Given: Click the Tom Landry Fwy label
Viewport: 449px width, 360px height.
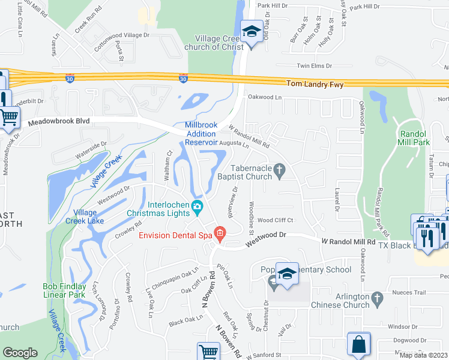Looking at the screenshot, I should pos(315,85).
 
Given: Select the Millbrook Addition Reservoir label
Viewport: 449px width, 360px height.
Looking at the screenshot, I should pos(200,134).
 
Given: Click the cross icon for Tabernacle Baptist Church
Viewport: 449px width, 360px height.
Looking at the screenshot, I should pos(279,172).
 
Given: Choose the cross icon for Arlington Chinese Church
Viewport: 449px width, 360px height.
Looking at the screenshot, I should pos(377,297).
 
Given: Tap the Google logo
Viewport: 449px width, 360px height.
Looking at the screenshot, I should pos(20,353).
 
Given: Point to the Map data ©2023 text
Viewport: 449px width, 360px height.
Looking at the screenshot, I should pos(423,355).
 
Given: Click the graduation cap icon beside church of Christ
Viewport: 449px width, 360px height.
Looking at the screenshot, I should pos(252,30).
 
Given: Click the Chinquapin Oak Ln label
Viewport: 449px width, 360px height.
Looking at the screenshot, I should pos(175,278).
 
